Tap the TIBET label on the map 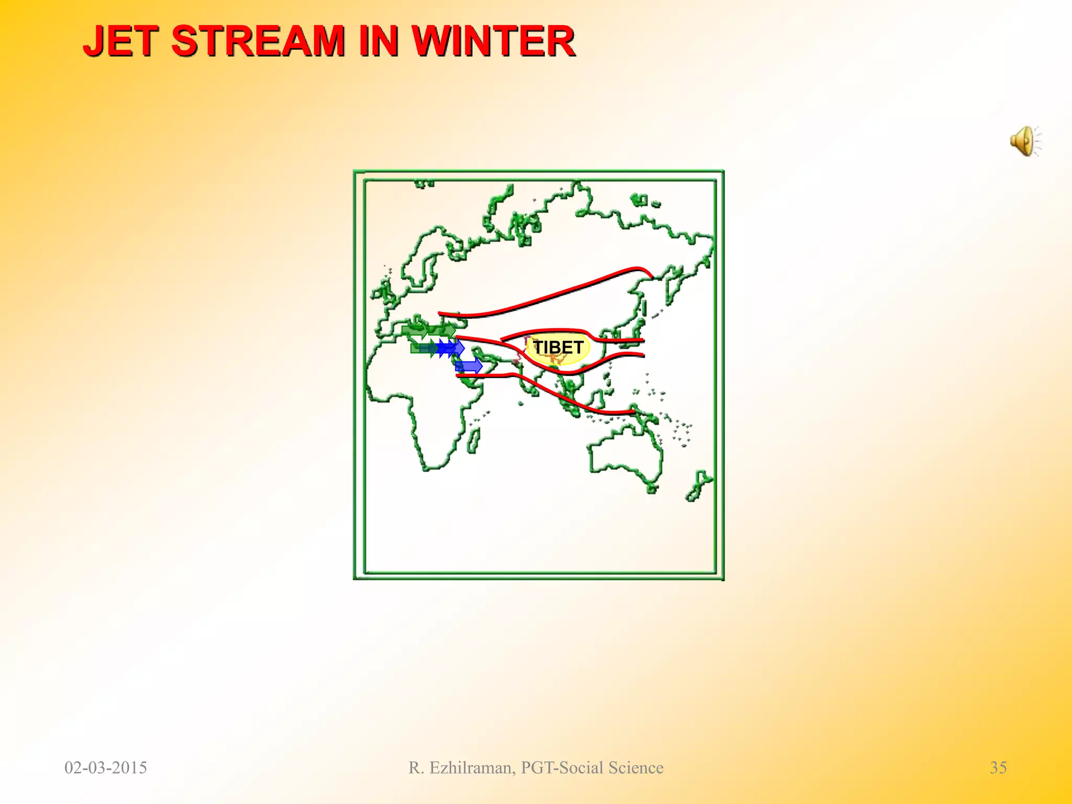(557, 348)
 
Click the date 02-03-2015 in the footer (106, 767)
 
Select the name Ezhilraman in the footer (472, 767)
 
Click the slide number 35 (998, 767)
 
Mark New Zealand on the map (699, 487)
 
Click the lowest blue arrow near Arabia (468, 366)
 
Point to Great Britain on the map (388, 291)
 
